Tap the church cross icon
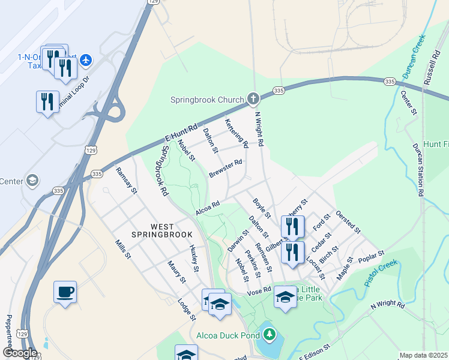click(253, 98)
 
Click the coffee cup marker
click(65, 292)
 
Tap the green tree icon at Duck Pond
click(270, 333)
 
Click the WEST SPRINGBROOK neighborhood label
click(163, 230)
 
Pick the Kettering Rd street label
click(237, 133)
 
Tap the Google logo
click(20, 353)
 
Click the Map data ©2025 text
click(423, 355)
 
